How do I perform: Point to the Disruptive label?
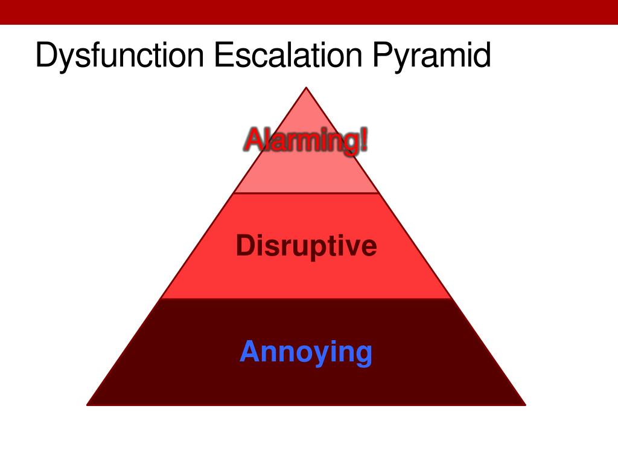coord(306,246)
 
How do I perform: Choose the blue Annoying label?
coord(306,352)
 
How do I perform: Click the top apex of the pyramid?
coord(307,88)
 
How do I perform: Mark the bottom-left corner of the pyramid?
coord(88,404)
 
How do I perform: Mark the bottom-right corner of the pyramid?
coord(524,404)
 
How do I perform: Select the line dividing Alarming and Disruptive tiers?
coord(306,193)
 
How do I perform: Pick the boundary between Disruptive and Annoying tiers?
coord(306,298)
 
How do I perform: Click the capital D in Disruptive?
coord(244,246)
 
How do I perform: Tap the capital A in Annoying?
coord(249,352)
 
